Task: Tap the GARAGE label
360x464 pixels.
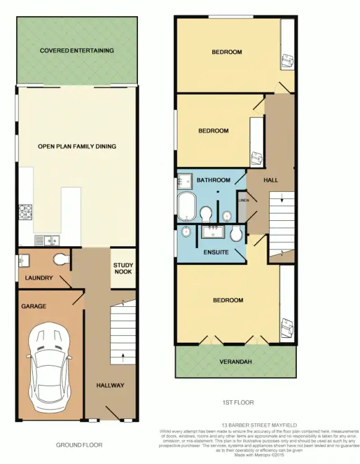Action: [35, 306]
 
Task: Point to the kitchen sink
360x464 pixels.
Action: [46, 239]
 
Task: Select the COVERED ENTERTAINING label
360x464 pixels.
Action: [77, 51]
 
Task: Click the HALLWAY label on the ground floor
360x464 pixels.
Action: [110, 385]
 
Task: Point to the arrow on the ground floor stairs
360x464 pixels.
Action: [123, 357]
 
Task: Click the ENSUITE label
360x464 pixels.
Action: [216, 252]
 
